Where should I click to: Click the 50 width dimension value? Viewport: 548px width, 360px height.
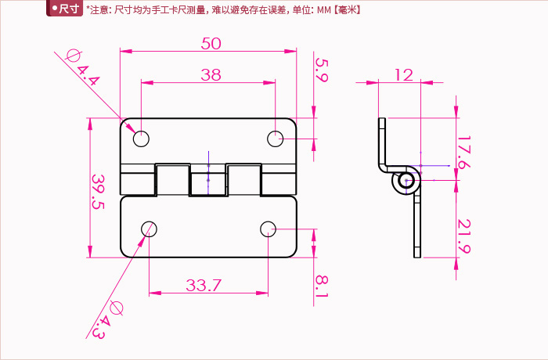click(211, 44)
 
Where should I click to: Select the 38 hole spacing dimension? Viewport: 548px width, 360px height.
click(211, 75)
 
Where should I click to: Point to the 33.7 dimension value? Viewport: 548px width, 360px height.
click(204, 286)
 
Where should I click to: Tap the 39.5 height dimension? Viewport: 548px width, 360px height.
click(98, 192)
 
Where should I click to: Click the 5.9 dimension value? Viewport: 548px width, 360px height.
click(321, 69)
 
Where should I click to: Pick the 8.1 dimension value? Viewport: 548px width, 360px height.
click(321, 285)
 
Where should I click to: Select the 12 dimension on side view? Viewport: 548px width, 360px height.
click(403, 74)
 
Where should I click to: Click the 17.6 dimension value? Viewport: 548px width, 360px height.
click(463, 153)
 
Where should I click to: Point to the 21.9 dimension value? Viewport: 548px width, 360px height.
click(463, 236)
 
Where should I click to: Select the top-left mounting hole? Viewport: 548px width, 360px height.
click(141, 139)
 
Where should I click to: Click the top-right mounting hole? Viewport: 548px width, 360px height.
click(276, 139)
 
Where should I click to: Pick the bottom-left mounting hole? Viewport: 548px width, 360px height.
click(149, 229)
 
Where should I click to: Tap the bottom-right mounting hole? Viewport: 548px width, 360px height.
click(268, 229)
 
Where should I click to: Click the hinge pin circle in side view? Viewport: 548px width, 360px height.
click(406, 182)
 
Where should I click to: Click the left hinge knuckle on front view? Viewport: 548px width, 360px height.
click(172, 180)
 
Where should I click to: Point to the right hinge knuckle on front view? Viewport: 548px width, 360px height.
click(244, 180)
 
